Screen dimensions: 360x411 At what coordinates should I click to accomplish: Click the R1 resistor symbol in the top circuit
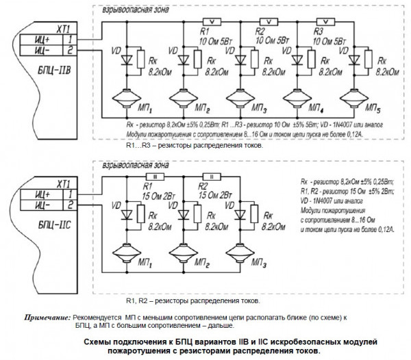[x=212, y=21]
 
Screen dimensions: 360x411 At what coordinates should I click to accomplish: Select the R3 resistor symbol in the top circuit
[x=326, y=21]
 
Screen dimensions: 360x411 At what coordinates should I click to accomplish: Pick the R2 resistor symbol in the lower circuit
[x=212, y=176]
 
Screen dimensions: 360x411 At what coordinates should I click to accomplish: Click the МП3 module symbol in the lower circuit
[x=241, y=248]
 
